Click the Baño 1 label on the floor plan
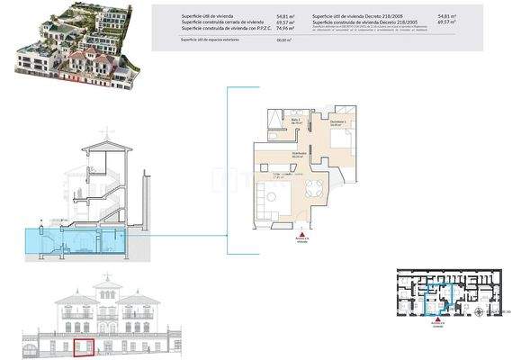click(296, 120)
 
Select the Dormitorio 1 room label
click(337, 122)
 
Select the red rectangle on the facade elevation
click(85, 346)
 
